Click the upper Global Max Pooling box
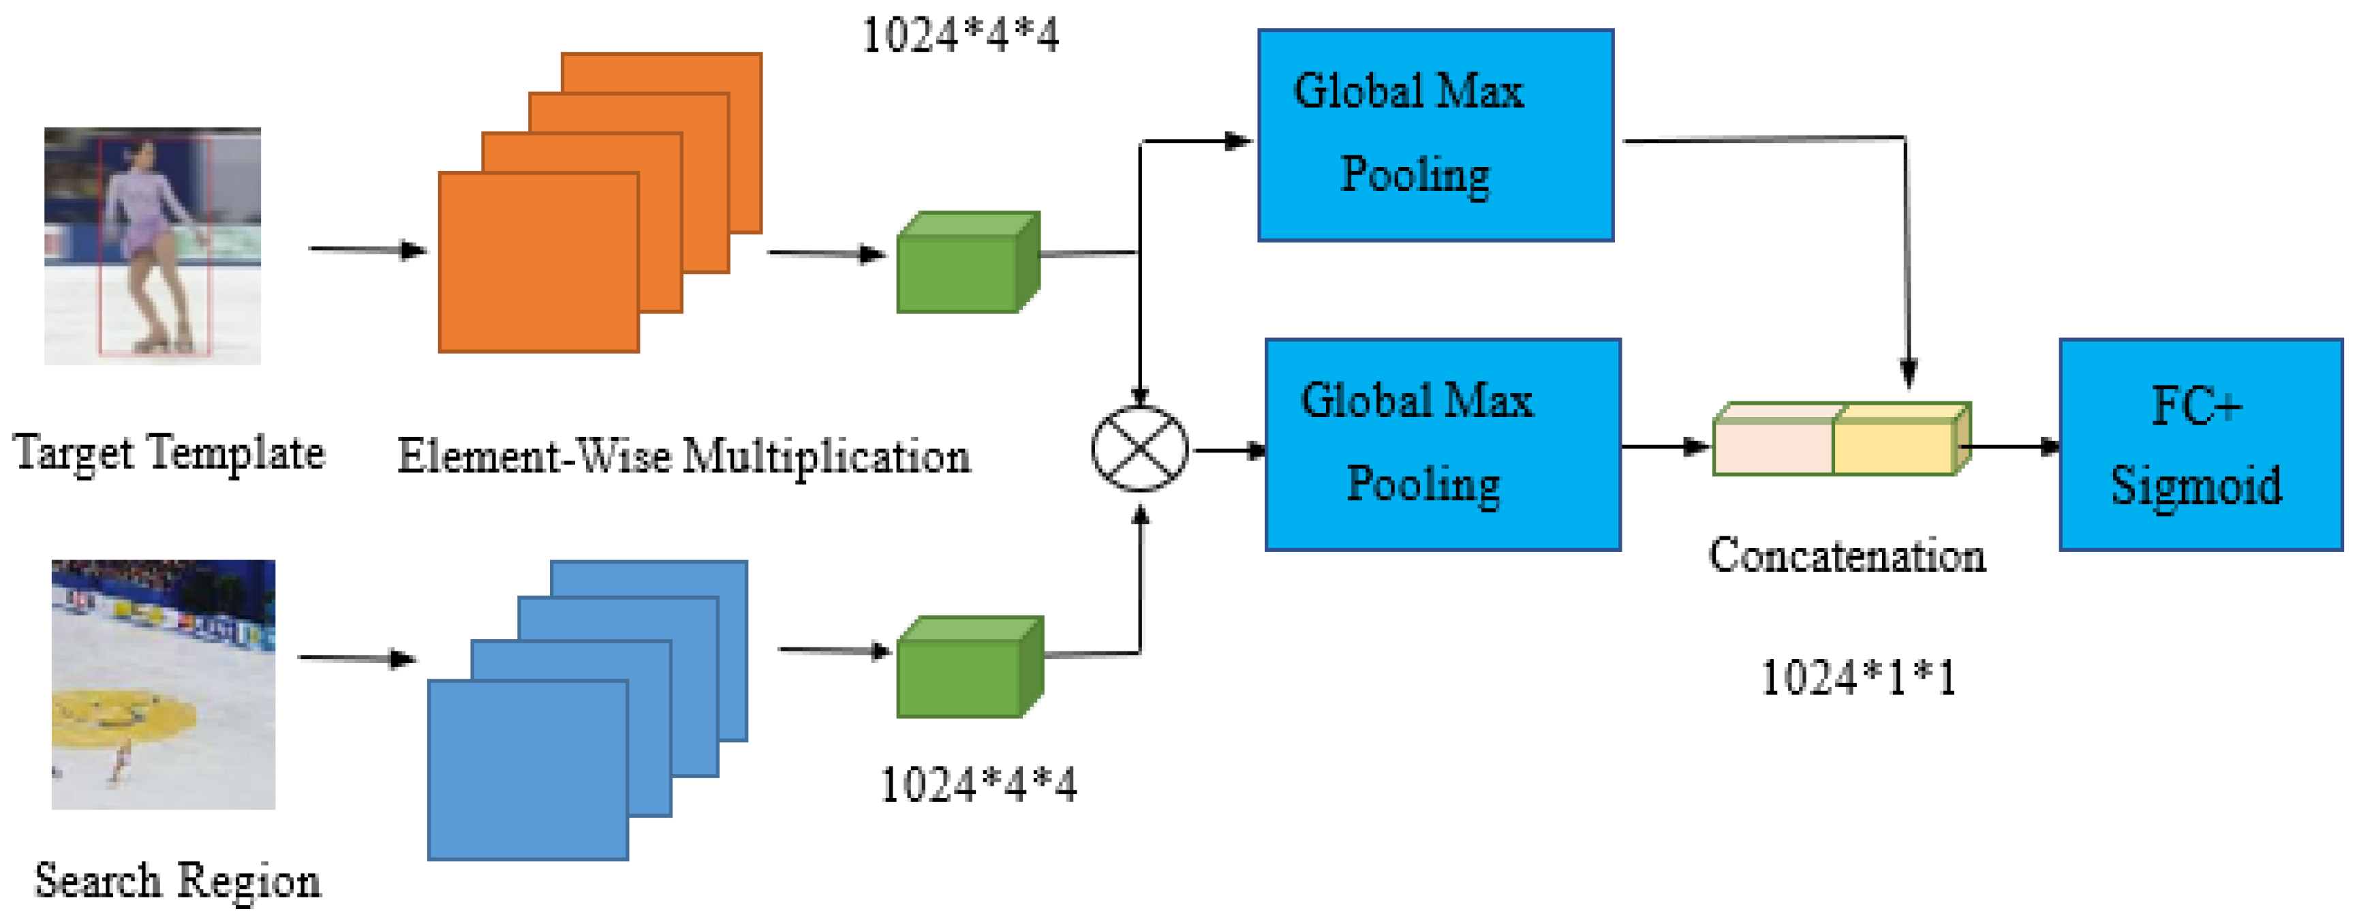[1434, 136]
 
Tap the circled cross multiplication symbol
[1139, 448]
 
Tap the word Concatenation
[1847, 556]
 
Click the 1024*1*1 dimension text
[1858, 679]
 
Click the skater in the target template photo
[147, 243]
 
